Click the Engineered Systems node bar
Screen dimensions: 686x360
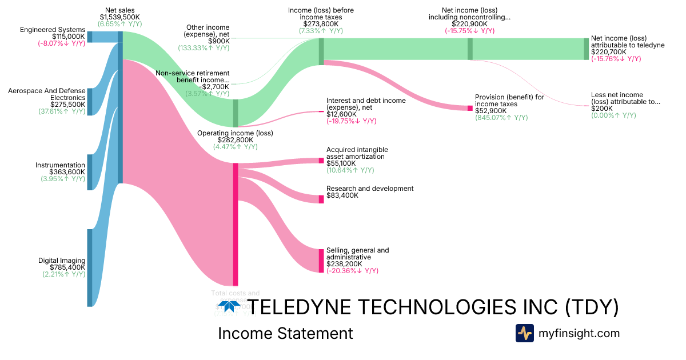coord(89,37)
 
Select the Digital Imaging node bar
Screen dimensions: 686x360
coord(89,267)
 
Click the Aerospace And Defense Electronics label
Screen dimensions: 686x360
coord(47,94)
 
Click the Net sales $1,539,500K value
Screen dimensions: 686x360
coord(119,17)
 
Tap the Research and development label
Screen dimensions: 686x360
coord(370,189)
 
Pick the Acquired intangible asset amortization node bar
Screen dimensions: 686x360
coord(321,161)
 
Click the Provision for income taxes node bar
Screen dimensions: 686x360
coord(470,108)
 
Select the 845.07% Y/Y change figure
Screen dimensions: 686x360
coord(501,118)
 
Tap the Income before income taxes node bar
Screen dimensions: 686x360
coord(321,51)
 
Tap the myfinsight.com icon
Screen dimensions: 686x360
coord(525,333)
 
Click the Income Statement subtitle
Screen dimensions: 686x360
coord(285,333)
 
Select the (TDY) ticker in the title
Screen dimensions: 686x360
coord(591,307)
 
